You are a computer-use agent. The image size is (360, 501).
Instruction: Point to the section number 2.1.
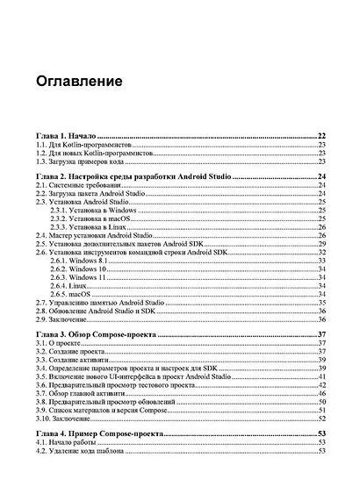tap(41, 187)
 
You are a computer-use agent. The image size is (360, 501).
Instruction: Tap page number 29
tap(322, 244)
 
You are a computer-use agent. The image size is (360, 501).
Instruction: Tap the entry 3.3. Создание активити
tap(74, 360)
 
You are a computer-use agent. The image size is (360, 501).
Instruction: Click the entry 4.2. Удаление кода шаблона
tap(86, 451)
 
